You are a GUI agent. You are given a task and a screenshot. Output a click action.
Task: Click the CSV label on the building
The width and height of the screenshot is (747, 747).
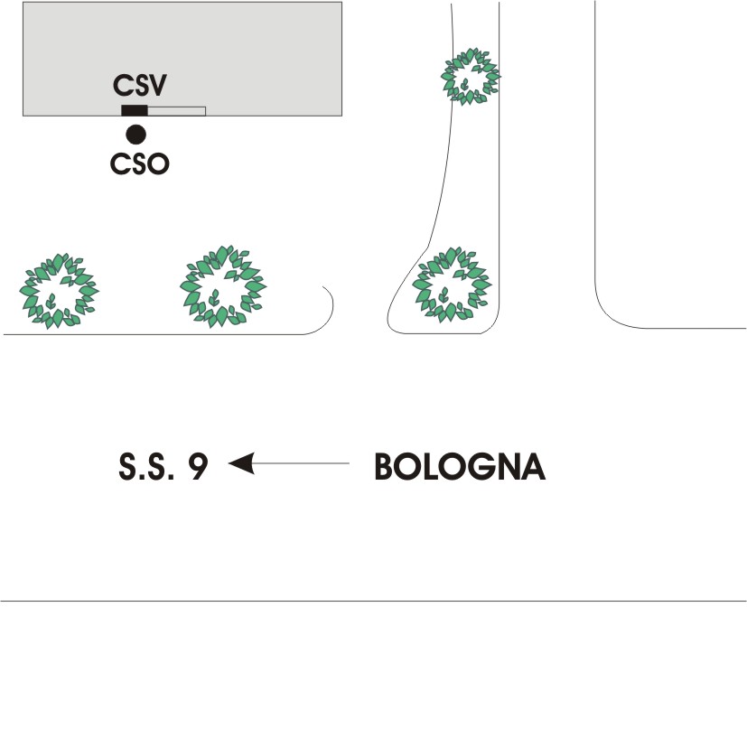coord(142,86)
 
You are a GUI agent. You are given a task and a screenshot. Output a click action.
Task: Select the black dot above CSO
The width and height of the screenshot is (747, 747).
coord(135,135)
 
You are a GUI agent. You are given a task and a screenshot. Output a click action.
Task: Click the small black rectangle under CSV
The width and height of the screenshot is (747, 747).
coord(134,111)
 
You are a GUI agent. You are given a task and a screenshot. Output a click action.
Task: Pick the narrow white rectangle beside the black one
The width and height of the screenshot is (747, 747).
coord(176,111)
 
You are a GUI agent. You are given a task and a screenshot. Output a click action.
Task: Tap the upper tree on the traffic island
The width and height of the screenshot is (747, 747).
coord(470,77)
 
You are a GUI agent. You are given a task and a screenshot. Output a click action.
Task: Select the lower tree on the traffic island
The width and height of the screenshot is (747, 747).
coord(452,285)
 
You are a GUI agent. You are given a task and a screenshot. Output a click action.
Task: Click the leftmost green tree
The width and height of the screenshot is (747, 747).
coord(60,291)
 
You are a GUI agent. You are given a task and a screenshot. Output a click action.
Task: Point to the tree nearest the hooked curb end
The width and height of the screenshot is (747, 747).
coord(223,286)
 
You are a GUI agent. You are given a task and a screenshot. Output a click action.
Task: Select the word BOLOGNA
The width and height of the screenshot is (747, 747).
coord(460,466)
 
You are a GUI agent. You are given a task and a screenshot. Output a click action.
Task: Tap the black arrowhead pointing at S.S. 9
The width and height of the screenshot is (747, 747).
coord(240,463)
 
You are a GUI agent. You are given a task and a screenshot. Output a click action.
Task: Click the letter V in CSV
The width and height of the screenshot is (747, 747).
coord(160,86)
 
